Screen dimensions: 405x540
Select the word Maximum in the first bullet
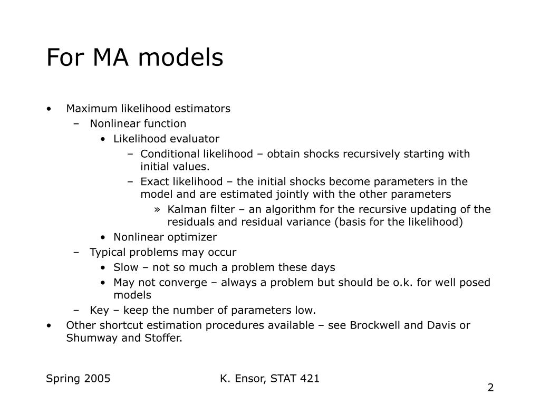click(x=86, y=109)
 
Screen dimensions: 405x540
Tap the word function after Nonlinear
click(x=166, y=124)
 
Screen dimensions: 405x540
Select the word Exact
click(x=153, y=182)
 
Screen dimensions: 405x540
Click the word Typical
click(x=108, y=252)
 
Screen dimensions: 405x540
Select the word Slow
click(x=125, y=267)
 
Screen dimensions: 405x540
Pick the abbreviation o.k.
click(x=403, y=283)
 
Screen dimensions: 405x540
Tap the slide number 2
click(x=490, y=388)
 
